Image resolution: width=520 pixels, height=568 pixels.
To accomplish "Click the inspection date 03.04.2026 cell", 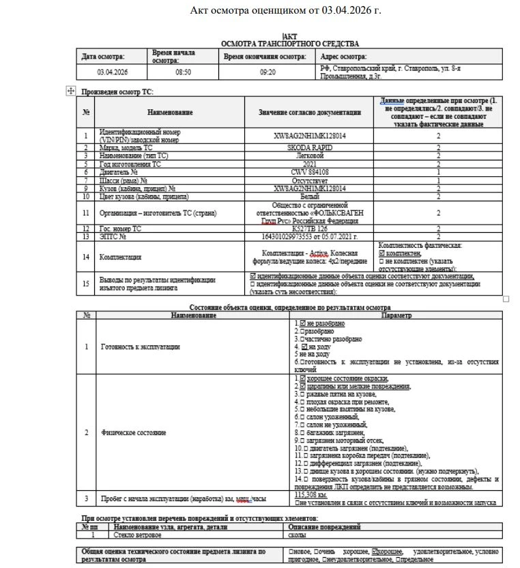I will point(113,72).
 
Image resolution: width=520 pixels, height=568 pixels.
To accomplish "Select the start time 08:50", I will point(183,72).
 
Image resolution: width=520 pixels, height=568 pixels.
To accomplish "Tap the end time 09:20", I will point(268,72).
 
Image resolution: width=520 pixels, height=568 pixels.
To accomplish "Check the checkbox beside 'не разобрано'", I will point(302,323).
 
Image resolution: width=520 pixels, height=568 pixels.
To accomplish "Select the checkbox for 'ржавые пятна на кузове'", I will point(302,394).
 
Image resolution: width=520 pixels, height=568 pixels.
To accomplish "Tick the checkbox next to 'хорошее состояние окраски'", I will point(302,378).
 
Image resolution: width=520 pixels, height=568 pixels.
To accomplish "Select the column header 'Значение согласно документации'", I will point(310,113).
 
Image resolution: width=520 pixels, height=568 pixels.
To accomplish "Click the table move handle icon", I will point(70,91).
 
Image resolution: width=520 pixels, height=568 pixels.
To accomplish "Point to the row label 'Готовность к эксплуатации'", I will point(140,347).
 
